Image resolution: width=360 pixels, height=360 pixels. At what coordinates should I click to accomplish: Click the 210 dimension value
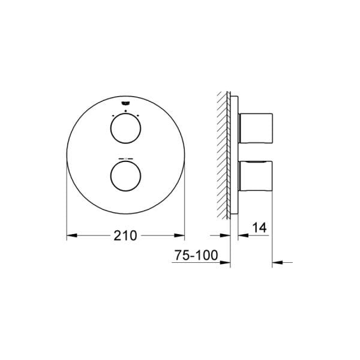point(125,235)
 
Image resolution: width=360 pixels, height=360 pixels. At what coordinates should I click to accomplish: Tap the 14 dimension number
point(259,228)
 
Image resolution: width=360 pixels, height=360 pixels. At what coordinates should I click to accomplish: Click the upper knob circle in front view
point(125,130)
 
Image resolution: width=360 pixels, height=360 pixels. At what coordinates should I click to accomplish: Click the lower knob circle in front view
point(125,178)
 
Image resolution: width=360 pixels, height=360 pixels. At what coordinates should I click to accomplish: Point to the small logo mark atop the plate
point(125,104)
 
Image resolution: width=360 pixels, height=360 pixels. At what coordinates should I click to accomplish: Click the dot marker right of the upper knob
point(138,115)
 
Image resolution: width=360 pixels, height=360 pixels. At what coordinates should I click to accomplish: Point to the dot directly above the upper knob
point(125,111)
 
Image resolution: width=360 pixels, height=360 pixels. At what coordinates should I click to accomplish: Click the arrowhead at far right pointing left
point(277,262)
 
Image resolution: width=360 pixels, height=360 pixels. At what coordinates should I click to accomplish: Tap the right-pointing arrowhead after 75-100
point(227,262)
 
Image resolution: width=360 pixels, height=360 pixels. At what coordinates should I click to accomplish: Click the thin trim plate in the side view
point(236,153)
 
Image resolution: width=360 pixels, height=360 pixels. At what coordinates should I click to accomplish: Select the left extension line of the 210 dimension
point(66,204)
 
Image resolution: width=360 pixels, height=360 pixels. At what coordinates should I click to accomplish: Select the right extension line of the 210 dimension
point(184,204)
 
